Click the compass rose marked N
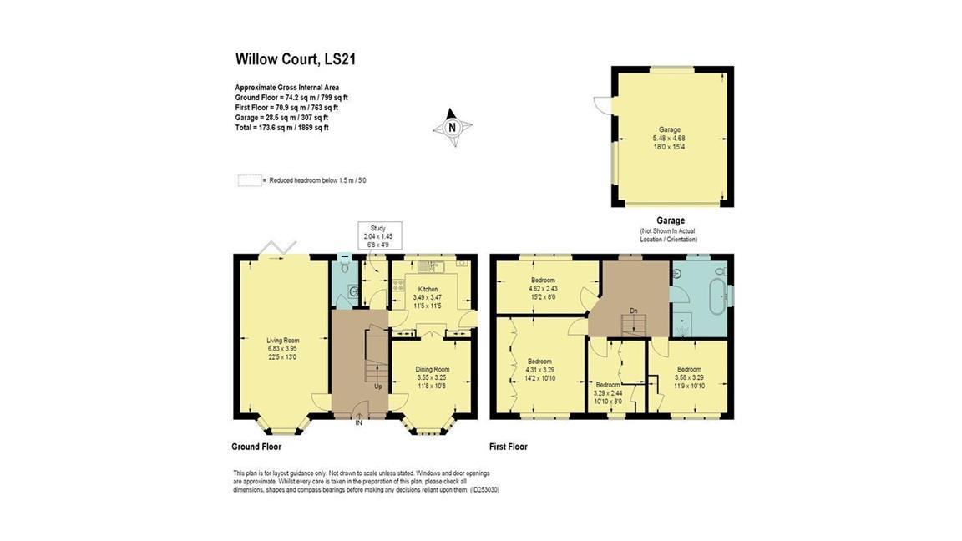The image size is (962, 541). pos(452,128)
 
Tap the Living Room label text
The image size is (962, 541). pos(281,348)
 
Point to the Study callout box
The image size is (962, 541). pos(380,235)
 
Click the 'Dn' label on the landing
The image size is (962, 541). pos(634,312)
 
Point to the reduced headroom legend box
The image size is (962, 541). pos(249,179)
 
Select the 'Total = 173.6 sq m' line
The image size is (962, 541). pos(281,128)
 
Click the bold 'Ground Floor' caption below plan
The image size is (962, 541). pos(256,447)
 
